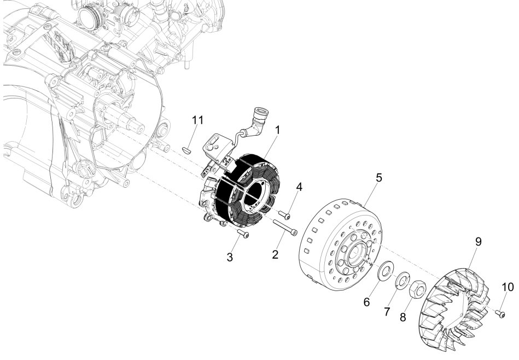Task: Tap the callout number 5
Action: pos(378,178)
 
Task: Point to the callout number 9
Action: pos(477,242)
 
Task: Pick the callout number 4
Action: pos(299,187)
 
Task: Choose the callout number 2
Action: pos(275,254)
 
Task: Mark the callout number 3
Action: pos(231,257)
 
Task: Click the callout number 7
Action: pos(387,311)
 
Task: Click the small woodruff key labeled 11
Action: pos(186,147)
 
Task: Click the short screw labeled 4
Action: pos(283,214)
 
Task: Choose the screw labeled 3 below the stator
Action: pos(243,234)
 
